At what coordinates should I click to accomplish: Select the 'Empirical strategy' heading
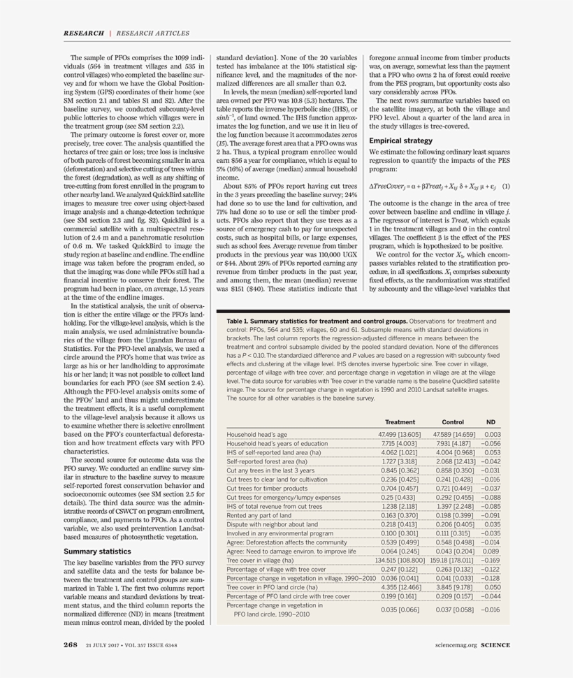[x=400, y=140]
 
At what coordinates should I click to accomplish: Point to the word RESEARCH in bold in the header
[x=84, y=33]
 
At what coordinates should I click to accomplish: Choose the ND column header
[x=491, y=422]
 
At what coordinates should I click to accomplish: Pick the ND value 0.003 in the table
[x=492, y=435]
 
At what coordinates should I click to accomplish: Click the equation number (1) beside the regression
[x=505, y=186]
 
